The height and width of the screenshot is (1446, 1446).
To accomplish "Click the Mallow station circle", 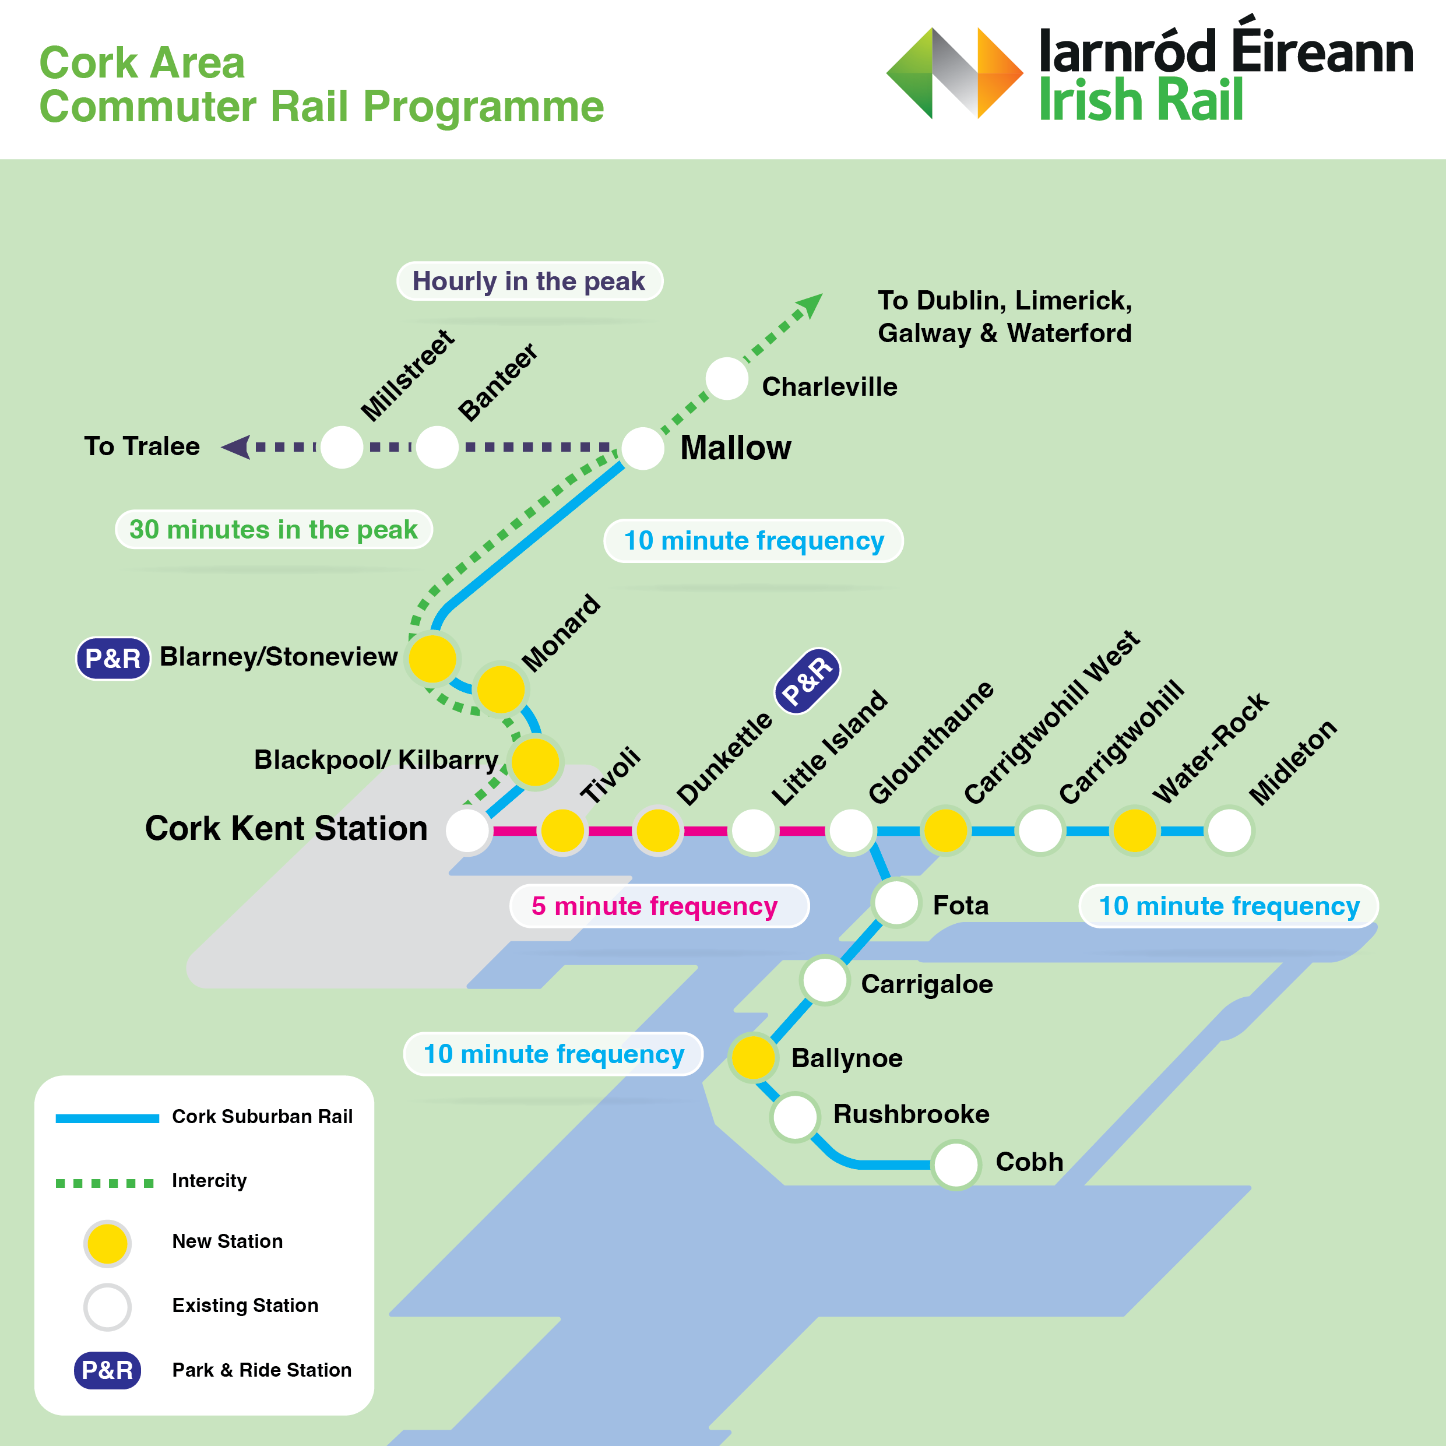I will pyautogui.click(x=642, y=448).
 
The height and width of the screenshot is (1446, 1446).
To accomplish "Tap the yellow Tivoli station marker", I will pyautogui.click(x=562, y=831).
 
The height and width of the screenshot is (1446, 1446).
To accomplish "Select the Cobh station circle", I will pyautogui.click(x=956, y=1164).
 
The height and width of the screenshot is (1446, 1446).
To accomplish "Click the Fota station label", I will pyautogui.click(x=961, y=906).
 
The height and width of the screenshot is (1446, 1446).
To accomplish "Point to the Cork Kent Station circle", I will pyautogui.click(x=468, y=831).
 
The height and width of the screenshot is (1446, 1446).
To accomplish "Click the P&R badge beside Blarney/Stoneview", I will pyautogui.click(x=113, y=659).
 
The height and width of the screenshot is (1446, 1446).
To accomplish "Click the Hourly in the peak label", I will pyautogui.click(x=529, y=282).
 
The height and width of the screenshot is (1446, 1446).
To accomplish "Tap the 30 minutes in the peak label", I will pyautogui.click(x=273, y=530).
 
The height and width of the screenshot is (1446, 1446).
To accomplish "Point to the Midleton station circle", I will pyautogui.click(x=1229, y=831).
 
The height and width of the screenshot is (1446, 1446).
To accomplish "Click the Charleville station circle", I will pyautogui.click(x=727, y=379).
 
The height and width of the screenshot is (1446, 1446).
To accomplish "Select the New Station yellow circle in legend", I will pyautogui.click(x=107, y=1244).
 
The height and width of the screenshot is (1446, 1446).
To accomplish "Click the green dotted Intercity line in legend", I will pyautogui.click(x=105, y=1183).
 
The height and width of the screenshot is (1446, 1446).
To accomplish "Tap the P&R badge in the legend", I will pyautogui.click(x=107, y=1370).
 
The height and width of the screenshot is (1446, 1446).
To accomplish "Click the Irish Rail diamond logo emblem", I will pyautogui.click(x=954, y=73).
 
